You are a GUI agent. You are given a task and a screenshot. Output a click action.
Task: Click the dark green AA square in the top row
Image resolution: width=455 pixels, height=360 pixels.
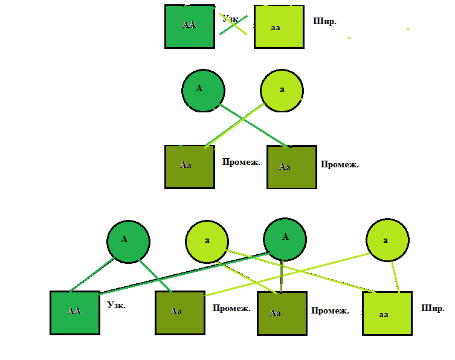pos(190,26)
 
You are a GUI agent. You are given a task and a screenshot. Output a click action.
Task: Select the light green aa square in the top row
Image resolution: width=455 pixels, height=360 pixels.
pos(279,27)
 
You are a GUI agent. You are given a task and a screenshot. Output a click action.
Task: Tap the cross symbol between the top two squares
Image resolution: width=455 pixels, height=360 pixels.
pos(234,25)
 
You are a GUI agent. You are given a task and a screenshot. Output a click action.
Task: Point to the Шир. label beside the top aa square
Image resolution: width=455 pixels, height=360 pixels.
pos(325,21)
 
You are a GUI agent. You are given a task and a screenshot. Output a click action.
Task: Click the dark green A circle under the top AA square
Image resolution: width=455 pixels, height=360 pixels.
pos(203,90)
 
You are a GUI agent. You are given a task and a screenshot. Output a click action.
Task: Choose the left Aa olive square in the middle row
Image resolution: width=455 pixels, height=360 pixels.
pos(190,167)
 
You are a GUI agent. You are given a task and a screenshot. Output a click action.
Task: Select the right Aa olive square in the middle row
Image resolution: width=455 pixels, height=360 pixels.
pos(292,167)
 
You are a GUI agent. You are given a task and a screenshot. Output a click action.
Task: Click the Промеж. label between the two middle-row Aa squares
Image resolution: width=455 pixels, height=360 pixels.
pos(241,162)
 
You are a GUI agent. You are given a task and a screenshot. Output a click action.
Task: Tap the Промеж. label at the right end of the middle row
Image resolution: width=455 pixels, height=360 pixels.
pos(340,164)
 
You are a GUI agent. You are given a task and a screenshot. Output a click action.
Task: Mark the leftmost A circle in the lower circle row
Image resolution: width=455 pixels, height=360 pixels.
pos(128,241)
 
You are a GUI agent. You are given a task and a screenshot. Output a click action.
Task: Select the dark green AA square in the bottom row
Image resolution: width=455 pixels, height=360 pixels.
pos(74,312)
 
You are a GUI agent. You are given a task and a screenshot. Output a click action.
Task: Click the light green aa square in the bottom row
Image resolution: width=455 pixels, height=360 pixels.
pos(387,313)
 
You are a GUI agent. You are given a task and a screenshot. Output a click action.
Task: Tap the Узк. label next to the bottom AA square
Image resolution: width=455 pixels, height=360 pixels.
pos(116,306)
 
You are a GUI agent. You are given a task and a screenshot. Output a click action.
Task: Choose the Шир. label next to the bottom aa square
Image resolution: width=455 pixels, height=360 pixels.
pos(433,308)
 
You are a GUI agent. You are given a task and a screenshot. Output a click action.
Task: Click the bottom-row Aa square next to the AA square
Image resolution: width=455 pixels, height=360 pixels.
pos(179,312)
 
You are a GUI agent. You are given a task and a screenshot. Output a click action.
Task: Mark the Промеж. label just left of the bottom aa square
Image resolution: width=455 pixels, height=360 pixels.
pos(330,310)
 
